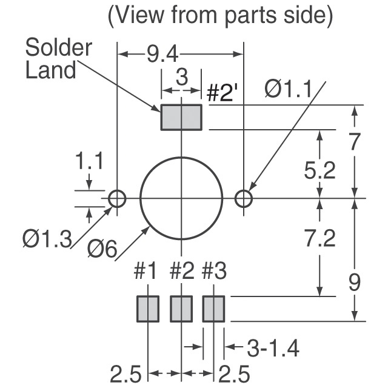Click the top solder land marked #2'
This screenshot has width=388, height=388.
[x=181, y=117]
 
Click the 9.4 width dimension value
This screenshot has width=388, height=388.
[x=162, y=55]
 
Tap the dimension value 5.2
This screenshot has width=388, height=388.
[x=319, y=172]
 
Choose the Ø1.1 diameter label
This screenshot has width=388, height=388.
[x=287, y=91]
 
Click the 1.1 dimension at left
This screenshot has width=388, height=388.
[x=89, y=163]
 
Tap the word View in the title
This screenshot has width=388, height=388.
[x=141, y=16]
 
